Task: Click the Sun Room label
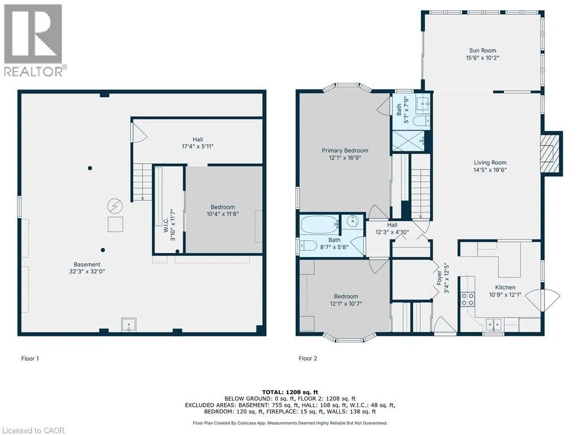483,50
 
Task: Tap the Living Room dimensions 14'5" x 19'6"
490,170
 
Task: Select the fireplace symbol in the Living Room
551,153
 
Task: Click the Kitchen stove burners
467,299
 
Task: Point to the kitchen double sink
493,325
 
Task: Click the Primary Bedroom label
345,151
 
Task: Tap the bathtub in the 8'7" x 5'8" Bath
320,224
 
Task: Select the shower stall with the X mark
408,140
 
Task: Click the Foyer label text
440,278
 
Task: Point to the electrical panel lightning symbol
114,206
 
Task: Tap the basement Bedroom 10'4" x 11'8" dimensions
223,214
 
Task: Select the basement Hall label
198,139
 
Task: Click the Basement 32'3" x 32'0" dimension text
87,271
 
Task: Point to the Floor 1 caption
30,359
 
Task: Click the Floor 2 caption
308,359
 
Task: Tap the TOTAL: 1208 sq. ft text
290,392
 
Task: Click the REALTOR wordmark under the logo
35,71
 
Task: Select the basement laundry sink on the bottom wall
129,325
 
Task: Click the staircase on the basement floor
143,182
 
